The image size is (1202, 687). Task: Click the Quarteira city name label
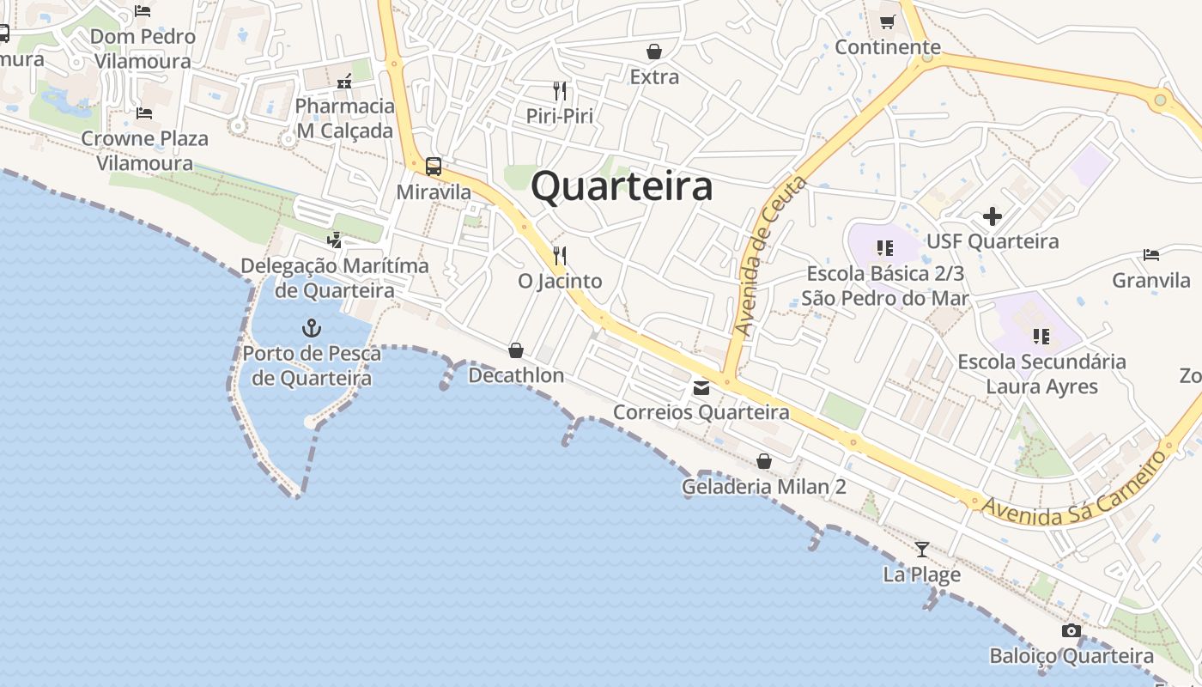click(x=622, y=186)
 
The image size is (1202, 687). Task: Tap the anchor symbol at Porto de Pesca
click(x=312, y=327)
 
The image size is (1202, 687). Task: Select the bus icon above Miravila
click(x=434, y=167)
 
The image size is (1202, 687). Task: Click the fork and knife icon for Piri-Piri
click(x=560, y=90)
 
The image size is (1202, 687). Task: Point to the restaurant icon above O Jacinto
click(x=560, y=255)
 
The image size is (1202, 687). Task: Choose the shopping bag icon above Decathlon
click(x=516, y=350)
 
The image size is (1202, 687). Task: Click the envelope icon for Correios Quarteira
click(x=701, y=387)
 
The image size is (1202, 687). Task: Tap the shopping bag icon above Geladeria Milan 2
click(x=764, y=461)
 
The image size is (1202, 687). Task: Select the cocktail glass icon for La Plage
click(x=922, y=549)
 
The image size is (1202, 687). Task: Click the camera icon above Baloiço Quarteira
click(x=1071, y=631)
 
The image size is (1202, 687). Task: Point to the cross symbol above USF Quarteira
click(x=993, y=216)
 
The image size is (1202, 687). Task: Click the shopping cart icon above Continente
click(x=887, y=21)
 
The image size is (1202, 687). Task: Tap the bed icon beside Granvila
click(x=1151, y=255)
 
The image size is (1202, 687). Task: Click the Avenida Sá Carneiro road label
click(x=1074, y=485)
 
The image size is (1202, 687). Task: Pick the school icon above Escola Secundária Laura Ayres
click(x=1041, y=336)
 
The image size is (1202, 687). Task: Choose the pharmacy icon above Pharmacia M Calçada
click(x=344, y=82)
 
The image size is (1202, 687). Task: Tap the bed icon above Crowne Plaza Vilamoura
click(x=144, y=113)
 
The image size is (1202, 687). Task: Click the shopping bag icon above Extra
click(x=654, y=52)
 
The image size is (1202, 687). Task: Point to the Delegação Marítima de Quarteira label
click(x=335, y=277)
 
